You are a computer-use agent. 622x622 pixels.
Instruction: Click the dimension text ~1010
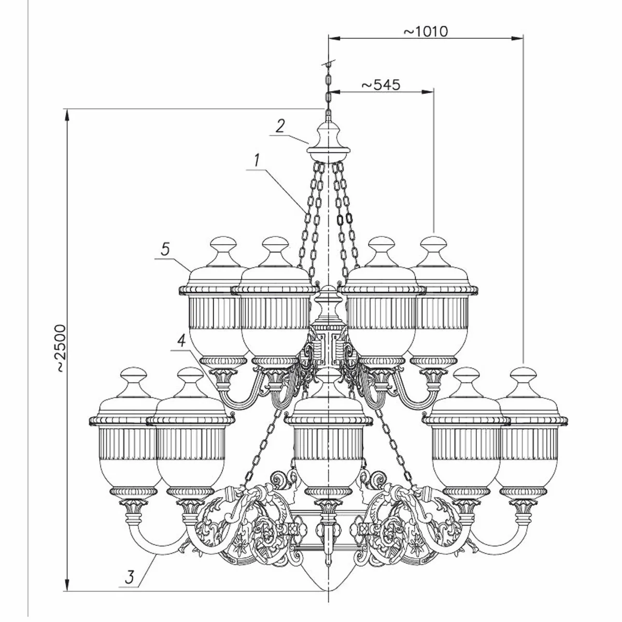425,31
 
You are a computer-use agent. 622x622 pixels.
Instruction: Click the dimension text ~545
381,84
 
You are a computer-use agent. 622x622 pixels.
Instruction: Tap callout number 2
280,126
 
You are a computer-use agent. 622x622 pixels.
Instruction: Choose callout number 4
181,341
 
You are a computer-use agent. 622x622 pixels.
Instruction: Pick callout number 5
165,249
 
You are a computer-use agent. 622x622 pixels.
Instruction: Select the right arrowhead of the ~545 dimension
429,92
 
